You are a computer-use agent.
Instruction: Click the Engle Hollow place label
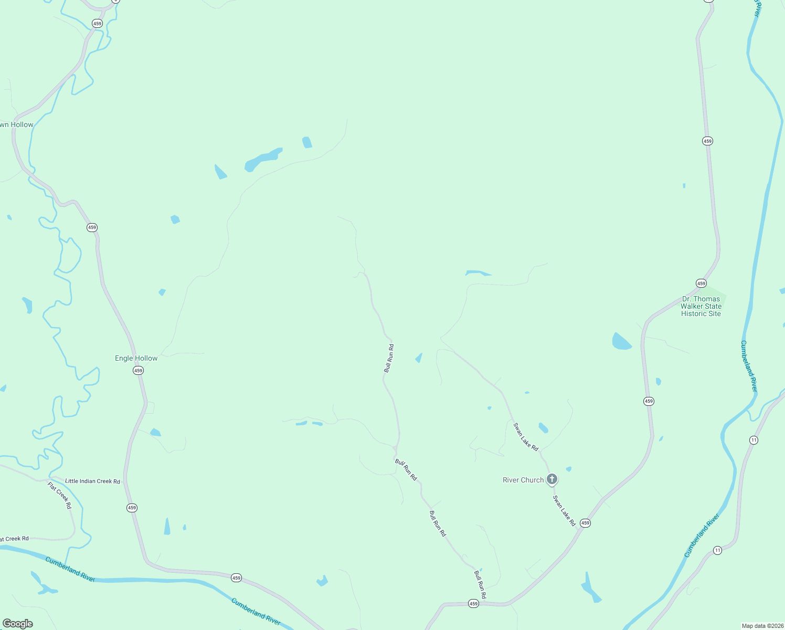click(136, 359)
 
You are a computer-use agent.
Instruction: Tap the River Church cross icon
click(551, 479)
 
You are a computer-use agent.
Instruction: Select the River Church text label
click(523, 480)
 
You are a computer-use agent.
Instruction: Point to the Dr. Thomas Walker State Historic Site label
click(701, 306)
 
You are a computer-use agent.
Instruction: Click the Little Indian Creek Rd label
click(92, 481)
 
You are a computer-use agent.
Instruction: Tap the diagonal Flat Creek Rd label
click(59, 495)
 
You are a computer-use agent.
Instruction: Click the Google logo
click(18, 624)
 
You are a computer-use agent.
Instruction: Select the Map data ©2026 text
click(761, 626)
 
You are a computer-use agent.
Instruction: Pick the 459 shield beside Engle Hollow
click(138, 371)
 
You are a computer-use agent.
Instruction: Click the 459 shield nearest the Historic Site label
click(701, 283)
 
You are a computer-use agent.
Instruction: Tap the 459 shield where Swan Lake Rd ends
click(586, 523)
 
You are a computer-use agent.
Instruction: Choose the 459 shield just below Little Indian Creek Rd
click(132, 508)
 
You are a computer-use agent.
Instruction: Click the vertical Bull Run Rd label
click(389, 359)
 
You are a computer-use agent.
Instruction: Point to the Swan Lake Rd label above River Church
click(526, 437)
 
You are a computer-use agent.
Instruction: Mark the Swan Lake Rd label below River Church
click(564, 510)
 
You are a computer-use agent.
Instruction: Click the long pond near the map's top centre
click(262, 159)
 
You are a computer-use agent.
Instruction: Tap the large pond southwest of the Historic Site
click(621, 341)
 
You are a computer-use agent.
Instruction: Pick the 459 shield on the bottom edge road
click(473, 604)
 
